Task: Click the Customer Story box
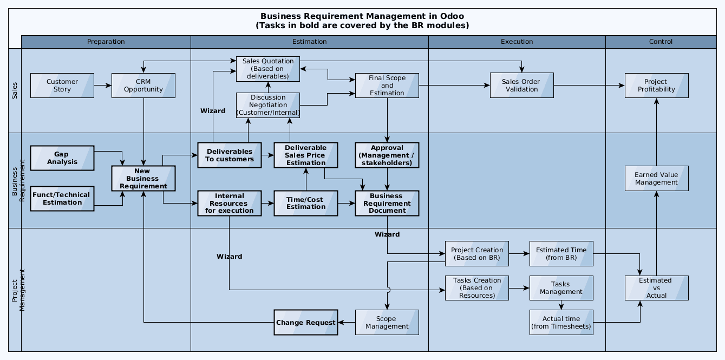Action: pyautogui.click(x=62, y=86)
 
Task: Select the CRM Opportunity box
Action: pyautogui.click(x=143, y=86)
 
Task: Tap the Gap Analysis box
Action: pyautogui.click(x=62, y=158)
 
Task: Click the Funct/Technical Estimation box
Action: pyautogui.click(x=62, y=199)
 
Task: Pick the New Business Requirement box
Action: pyautogui.click(x=143, y=179)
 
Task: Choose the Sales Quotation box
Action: pyautogui.click(x=267, y=69)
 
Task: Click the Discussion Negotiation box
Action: pyautogui.click(x=267, y=105)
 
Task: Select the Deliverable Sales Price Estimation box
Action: pyautogui.click(x=305, y=155)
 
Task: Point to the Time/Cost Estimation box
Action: pyautogui.click(x=305, y=203)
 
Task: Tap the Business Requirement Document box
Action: pyautogui.click(x=387, y=203)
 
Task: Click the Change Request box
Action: pyautogui.click(x=305, y=323)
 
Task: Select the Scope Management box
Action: pyautogui.click(x=387, y=323)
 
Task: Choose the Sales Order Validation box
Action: pyautogui.click(x=521, y=86)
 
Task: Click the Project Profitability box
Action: pyautogui.click(x=656, y=86)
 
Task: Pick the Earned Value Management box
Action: pyautogui.click(x=656, y=179)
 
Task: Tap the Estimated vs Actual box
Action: pyautogui.click(x=656, y=288)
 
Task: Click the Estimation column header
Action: pyautogui.click(x=309, y=42)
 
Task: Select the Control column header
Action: pyautogui.click(x=661, y=42)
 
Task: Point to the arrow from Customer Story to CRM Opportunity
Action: pyautogui.click(x=103, y=86)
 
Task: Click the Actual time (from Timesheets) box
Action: pyautogui.click(x=561, y=323)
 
